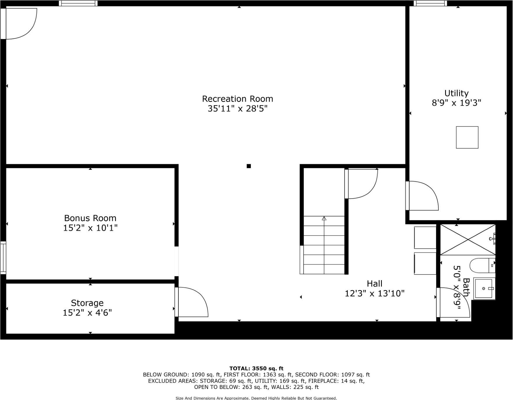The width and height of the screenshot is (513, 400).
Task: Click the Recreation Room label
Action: pos(238,99)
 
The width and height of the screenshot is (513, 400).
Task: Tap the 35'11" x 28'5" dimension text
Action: pos(238,109)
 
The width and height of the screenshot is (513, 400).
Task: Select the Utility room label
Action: pos(456,93)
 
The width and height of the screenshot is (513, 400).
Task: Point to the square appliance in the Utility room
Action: pos(467,137)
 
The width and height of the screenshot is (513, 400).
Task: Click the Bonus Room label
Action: pos(90,218)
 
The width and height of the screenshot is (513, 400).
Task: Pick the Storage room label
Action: pos(87,303)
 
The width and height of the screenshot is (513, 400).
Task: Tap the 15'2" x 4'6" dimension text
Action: pos(87,313)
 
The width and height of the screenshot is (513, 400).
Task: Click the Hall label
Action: pos(375,284)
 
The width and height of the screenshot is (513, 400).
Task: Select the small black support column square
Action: pos(249,166)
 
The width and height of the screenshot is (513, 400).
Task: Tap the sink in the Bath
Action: pos(484,289)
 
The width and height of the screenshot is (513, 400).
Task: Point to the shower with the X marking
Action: pos(467,240)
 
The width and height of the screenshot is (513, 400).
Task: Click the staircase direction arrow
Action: pos(324,218)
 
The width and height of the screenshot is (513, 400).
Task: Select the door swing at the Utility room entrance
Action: pos(423,195)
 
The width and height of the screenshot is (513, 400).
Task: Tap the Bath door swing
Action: pos(453,303)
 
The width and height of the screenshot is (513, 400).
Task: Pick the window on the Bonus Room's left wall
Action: pos(3,258)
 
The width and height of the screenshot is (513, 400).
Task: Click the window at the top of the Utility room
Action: pos(430,3)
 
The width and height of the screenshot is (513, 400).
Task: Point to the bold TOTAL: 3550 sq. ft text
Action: pos(256,368)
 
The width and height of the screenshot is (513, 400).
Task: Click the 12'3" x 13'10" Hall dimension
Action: pos(375,293)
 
